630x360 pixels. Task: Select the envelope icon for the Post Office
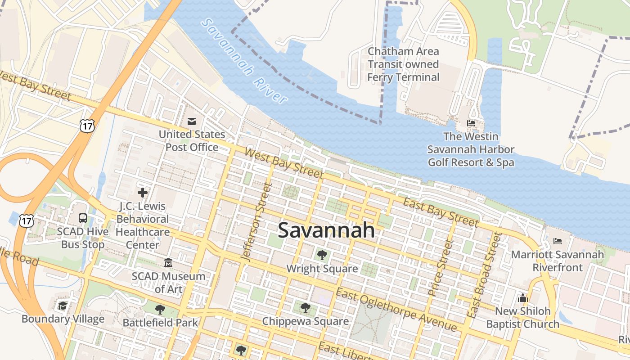click(192, 121)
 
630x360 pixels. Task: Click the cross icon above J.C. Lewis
click(143, 193)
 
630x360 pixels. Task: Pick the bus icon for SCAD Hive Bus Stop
click(83, 218)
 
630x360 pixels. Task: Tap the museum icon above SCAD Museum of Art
click(168, 262)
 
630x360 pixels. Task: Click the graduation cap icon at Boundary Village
click(63, 306)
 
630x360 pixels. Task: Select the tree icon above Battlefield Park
click(160, 309)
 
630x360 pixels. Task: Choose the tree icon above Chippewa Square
click(306, 308)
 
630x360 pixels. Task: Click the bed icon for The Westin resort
click(471, 123)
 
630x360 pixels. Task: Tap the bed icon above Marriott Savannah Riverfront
click(558, 241)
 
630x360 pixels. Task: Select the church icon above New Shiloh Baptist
click(522, 298)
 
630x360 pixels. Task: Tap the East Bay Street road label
click(441, 212)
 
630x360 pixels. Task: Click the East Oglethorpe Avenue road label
click(396, 310)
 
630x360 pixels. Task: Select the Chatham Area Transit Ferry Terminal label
click(403, 64)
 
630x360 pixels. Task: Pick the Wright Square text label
click(322, 269)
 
